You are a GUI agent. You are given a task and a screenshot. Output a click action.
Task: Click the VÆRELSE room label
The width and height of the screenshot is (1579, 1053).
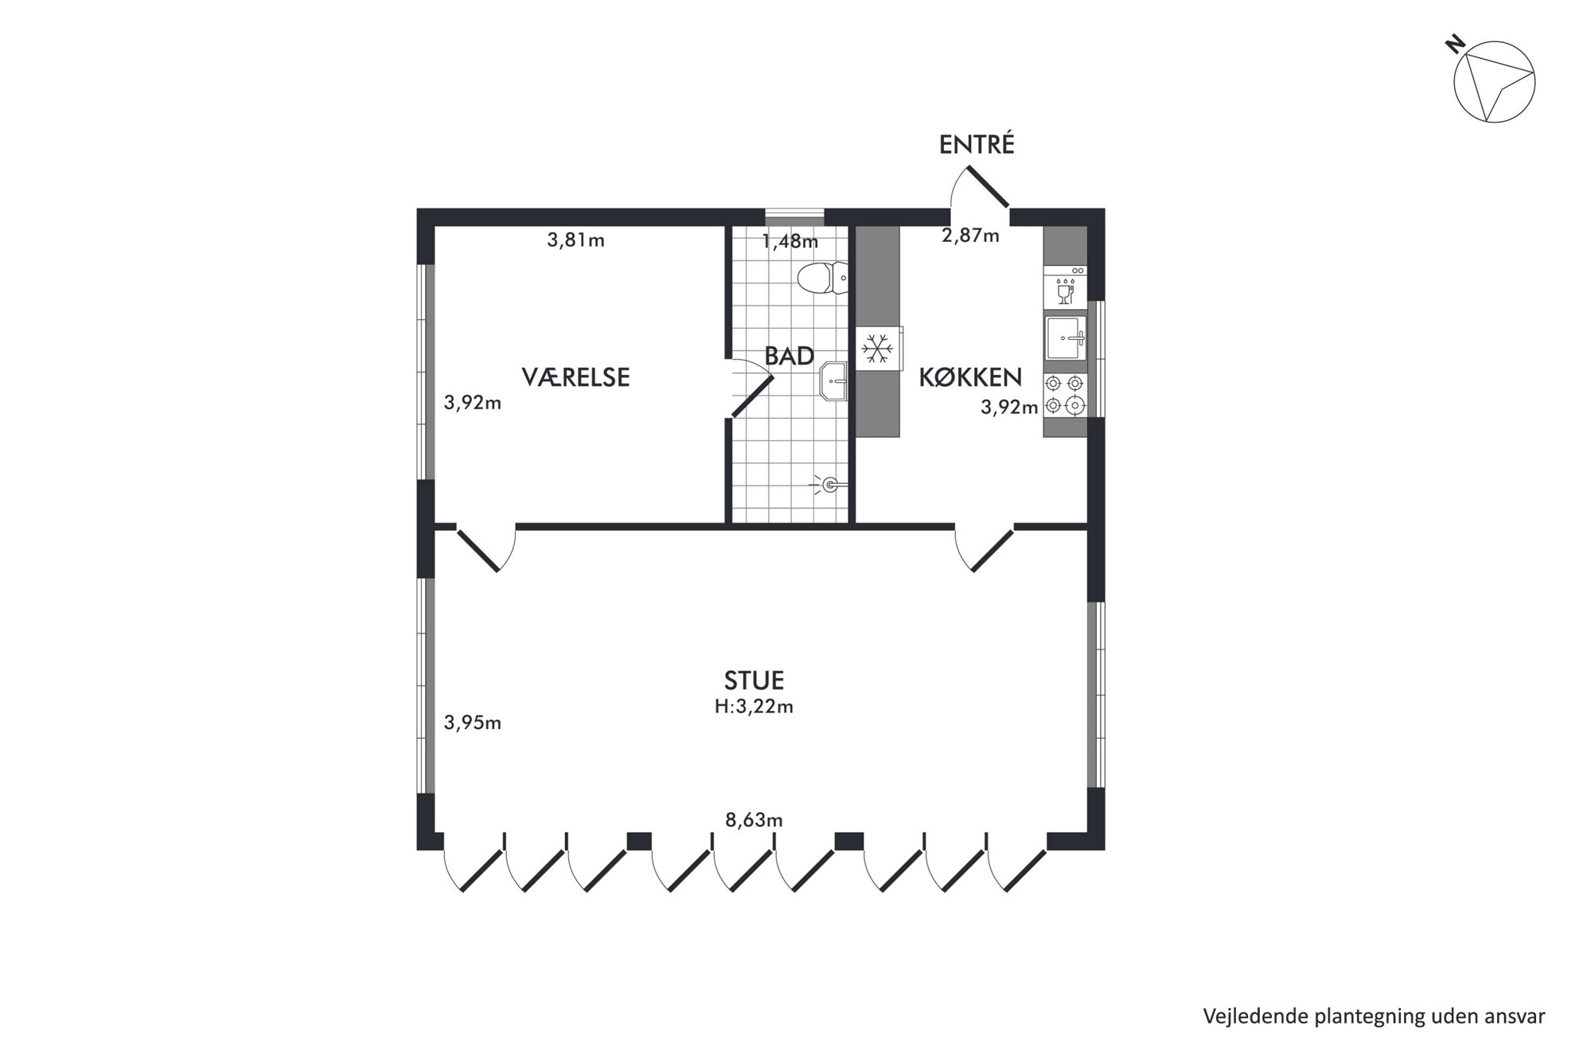[575, 377]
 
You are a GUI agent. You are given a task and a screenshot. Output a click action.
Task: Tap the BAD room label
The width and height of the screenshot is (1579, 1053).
[789, 356]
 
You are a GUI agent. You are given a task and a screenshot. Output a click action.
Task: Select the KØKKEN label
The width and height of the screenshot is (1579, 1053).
[970, 376]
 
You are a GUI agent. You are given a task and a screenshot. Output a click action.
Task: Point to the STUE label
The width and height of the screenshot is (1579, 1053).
[754, 681]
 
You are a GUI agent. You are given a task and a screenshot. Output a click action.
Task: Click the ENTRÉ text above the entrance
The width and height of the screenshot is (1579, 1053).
[977, 144]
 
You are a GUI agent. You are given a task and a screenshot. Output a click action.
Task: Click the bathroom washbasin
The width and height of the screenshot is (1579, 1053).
[833, 381]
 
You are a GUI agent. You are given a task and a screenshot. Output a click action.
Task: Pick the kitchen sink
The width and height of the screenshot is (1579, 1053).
[1066, 337]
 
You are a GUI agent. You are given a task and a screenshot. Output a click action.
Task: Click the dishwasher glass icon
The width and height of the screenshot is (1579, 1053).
[1065, 291]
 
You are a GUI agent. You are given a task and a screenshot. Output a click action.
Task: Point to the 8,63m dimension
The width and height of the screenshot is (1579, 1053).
[754, 820]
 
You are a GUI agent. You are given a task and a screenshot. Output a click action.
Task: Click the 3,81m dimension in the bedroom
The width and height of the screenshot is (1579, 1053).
[575, 240]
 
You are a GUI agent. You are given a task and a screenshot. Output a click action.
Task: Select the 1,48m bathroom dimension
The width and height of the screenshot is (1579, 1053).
[789, 241]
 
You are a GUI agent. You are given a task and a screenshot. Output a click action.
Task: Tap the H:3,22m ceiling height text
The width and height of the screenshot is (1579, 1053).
[754, 707]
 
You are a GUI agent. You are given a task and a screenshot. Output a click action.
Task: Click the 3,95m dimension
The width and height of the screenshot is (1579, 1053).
[473, 723]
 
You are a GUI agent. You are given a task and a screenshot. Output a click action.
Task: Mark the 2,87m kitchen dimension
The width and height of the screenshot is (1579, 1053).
[970, 236]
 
